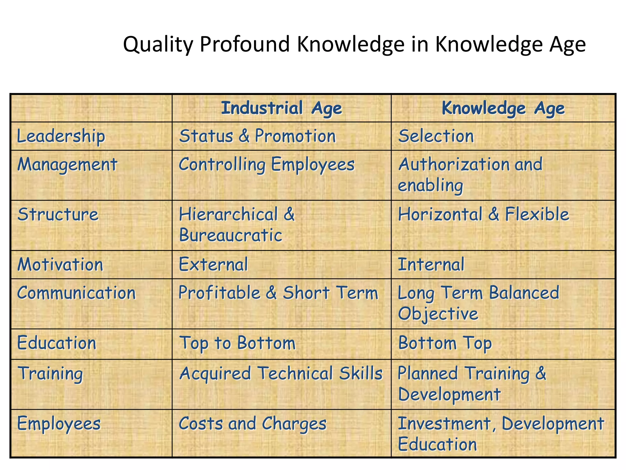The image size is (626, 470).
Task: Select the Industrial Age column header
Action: (x=281, y=108)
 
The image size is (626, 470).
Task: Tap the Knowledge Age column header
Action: (x=503, y=108)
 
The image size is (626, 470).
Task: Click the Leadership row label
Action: (x=61, y=136)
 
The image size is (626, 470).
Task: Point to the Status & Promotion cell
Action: (x=257, y=136)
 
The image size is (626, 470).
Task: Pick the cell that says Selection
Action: (x=436, y=136)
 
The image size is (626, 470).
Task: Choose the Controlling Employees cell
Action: (x=267, y=165)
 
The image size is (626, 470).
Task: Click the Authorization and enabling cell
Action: (x=470, y=175)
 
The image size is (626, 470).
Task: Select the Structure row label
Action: (x=58, y=214)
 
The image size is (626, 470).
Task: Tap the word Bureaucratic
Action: (x=230, y=235)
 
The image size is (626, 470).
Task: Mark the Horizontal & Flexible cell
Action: (x=484, y=214)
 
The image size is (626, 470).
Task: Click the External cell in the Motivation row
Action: (x=213, y=264)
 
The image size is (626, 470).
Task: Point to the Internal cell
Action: (x=431, y=264)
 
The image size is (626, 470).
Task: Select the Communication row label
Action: (x=76, y=293)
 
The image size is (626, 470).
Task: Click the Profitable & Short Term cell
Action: (x=278, y=293)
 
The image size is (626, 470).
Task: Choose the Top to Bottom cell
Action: (x=237, y=343)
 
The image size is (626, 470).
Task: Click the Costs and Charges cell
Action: (x=252, y=424)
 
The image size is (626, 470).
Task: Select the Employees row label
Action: (x=59, y=424)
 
